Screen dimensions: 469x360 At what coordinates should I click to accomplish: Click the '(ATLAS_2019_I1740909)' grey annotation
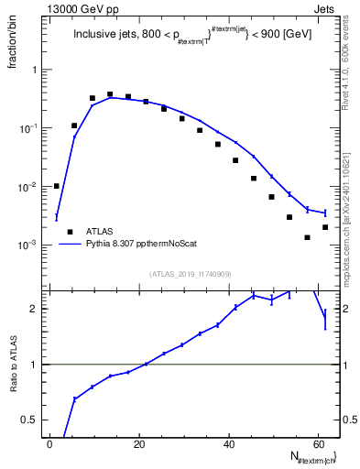coord(190,273)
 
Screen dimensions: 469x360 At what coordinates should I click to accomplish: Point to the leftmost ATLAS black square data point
coord(57,186)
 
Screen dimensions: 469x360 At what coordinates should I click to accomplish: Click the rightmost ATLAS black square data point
coord(325,226)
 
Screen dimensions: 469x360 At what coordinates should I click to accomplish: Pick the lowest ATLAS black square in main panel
coord(308,237)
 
